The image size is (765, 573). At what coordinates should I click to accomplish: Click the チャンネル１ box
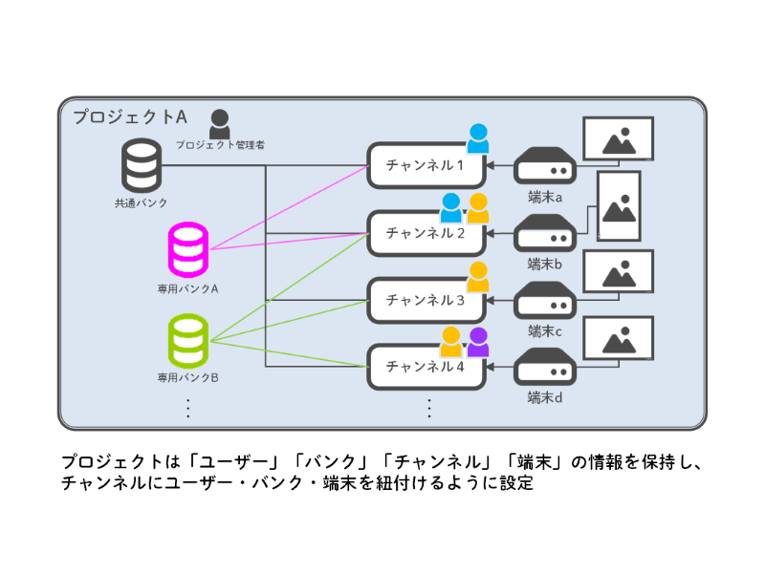coord(425,165)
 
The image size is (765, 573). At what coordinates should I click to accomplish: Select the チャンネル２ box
coord(425,232)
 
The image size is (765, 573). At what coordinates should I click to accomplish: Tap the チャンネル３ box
coord(425,300)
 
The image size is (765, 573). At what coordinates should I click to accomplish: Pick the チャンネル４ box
coord(425,367)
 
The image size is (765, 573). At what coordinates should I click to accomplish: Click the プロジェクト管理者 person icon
coord(220,124)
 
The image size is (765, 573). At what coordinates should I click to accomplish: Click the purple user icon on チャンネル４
coord(478,341)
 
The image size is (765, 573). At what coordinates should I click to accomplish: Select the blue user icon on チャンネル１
coord(478,138)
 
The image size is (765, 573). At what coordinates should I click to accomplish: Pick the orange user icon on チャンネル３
coord(478,276)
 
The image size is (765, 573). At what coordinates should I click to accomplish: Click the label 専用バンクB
coord(188,378)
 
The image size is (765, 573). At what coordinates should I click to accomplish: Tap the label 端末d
coord(545,396)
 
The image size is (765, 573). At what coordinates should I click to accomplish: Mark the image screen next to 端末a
coord(618,138)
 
